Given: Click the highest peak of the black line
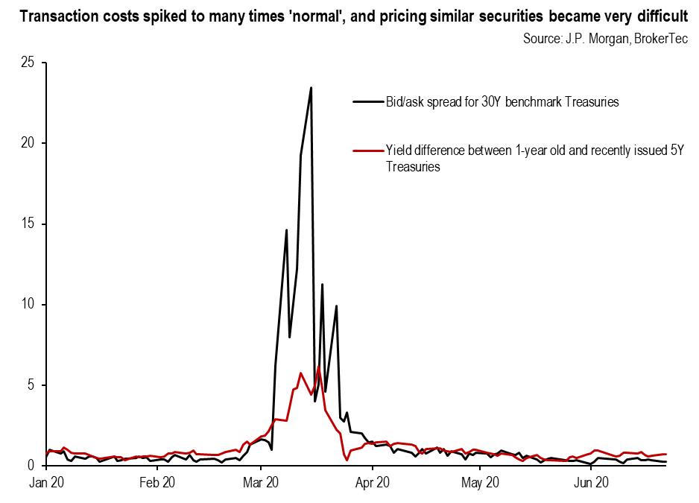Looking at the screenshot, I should point(311,88).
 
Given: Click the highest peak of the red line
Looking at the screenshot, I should point(318,367).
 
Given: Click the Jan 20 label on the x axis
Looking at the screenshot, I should point(46,482).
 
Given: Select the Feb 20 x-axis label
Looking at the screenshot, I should point(157,482).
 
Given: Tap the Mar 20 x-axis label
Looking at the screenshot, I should point(262,482).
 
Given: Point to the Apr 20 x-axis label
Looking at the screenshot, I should point(373,482).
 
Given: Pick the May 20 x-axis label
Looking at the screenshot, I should point(480,482).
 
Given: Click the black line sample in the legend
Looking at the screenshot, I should point(366,103).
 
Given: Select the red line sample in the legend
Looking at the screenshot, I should point(366,151).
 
